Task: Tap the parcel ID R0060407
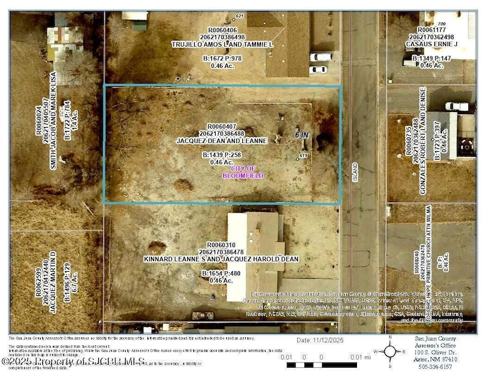(222, 126)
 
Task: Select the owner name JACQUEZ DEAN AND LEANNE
(222, 140)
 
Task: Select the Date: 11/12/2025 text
(319, 340)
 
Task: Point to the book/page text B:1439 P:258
(221, 155)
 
